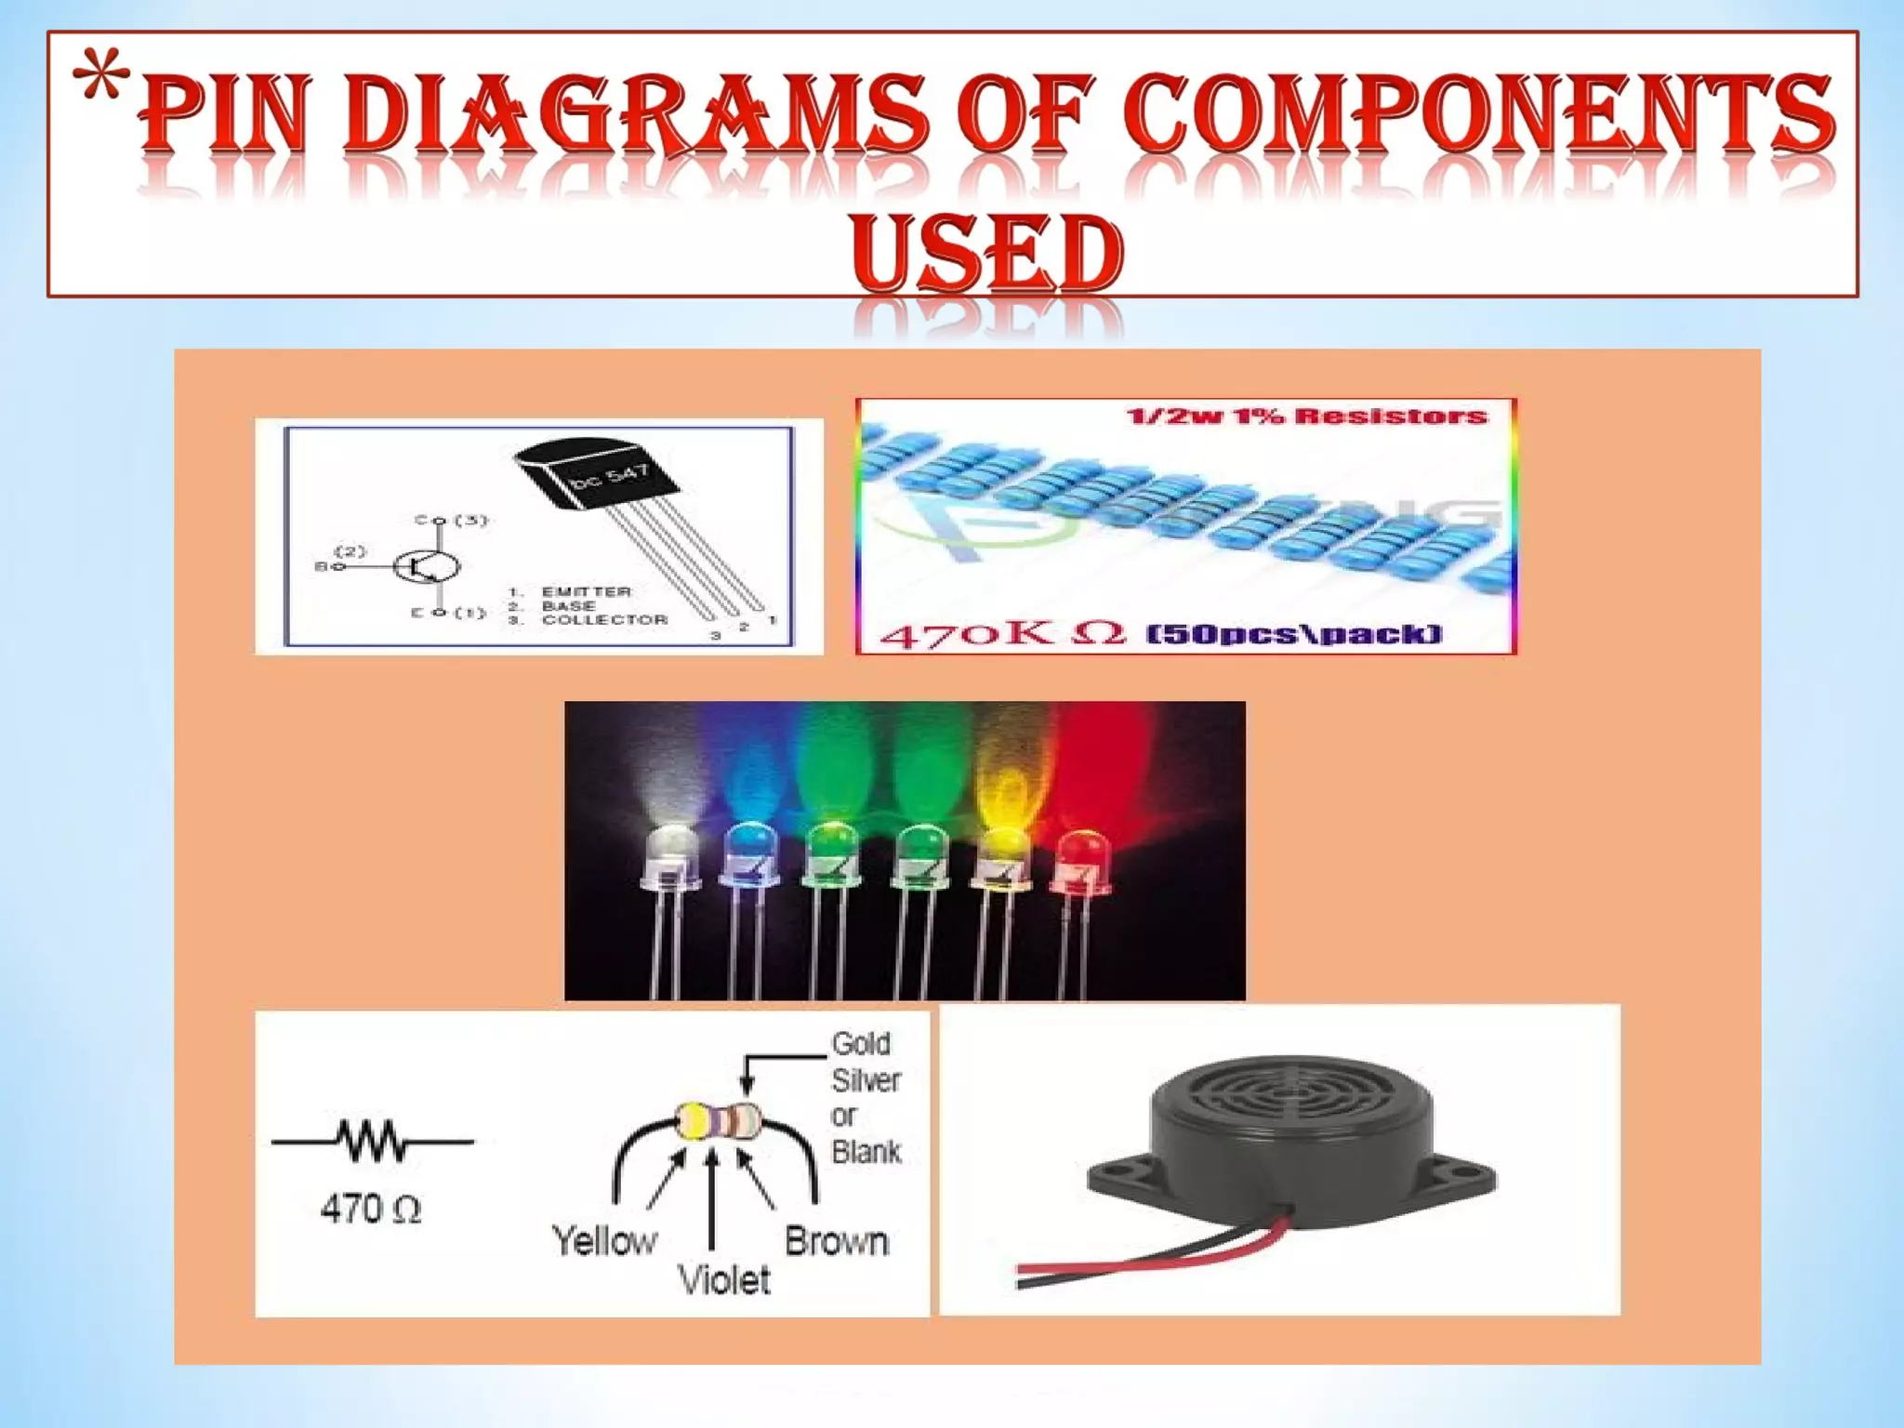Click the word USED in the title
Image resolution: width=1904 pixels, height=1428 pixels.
click(x=986, y=251)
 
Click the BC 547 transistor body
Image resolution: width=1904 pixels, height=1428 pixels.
click(x=595, y=474)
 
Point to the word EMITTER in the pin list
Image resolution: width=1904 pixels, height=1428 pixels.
click(x=586, y=591)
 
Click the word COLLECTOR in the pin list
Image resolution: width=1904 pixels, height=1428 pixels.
click(x=604, y=619)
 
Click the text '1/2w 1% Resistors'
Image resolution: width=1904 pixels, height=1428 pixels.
click(x=1306, y=416)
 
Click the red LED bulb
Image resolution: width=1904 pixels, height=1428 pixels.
click(x=1078, y=855)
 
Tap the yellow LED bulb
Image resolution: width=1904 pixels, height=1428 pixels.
click(x=1002, y=851)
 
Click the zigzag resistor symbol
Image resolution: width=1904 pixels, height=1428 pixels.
click(x=372, y=1141)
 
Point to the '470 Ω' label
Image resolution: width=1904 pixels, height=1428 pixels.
click(x=371, y=1210)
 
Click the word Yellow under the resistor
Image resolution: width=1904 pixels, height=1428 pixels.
click(x=604, y=1241)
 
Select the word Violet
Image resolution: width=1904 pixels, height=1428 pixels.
click(x=724, y=1280)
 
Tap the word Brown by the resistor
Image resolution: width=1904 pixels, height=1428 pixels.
click(x=837, y=1241)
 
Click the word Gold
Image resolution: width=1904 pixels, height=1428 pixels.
click(x=861, y=1044)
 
